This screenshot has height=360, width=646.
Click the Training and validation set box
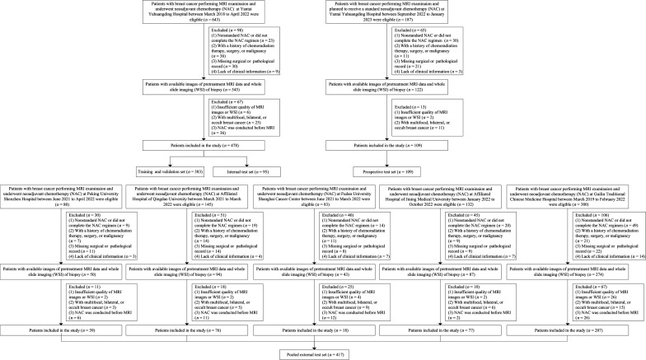pyautogui.click(x=161, y=169)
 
